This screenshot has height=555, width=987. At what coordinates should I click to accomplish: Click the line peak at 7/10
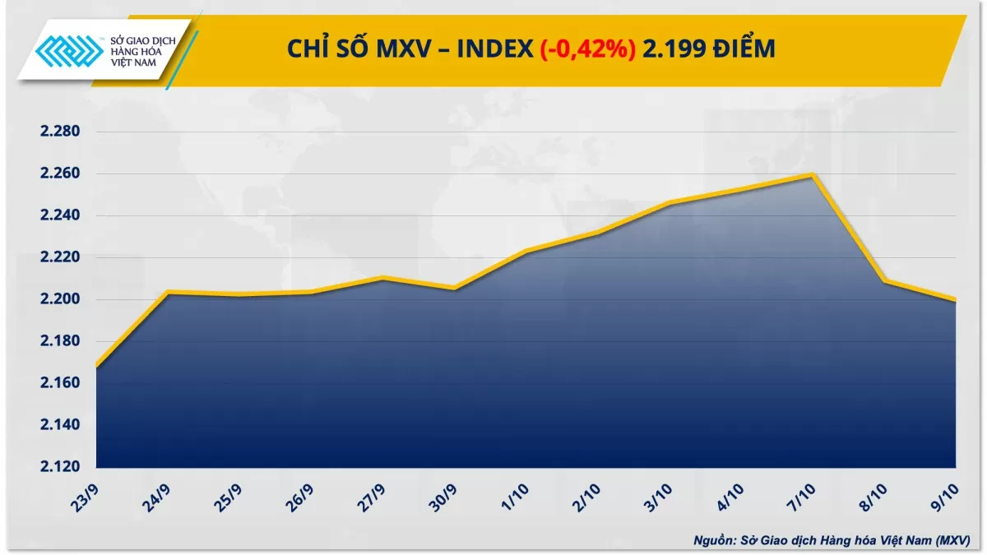[813, 174]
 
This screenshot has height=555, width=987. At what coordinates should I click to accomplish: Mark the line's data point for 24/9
[168, 292]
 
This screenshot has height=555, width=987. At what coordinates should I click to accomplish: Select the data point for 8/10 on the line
[884, 281]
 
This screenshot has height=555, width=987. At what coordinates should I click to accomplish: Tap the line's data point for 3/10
[670, 202]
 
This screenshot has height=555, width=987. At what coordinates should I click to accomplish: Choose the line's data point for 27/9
[382, 278]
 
